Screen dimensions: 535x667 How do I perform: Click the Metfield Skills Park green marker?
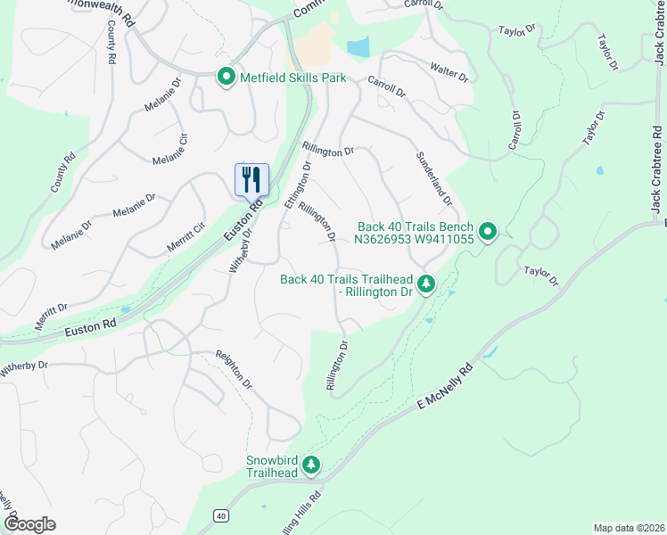coord(226,78)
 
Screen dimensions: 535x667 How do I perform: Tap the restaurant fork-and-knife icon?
coord(251,179)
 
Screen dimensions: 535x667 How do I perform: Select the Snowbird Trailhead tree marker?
coord(311,465)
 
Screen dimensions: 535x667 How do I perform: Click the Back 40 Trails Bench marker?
coord(488,232)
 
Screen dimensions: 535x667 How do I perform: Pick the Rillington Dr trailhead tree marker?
coord(427,284)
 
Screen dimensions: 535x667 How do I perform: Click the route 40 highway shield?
coord(220,515)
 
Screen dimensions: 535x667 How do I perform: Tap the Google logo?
coord(29,524)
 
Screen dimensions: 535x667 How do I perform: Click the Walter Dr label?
coord(449,72)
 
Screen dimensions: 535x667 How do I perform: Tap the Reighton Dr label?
coord(235,369)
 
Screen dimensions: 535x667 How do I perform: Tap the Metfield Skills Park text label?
coord(292,78)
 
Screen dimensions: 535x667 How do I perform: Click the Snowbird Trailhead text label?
coord(271,466)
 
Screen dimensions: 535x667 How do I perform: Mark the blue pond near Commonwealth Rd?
coord(358,46)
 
